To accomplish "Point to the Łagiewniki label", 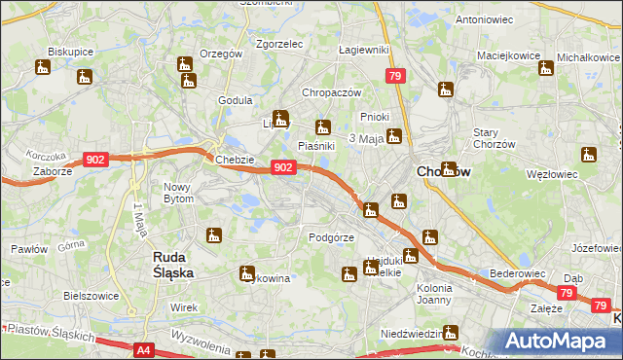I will [364, 49].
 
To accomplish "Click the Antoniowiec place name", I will [485, 19].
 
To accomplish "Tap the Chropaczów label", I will [332, 92].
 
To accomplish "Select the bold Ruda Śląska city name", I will [173, 265].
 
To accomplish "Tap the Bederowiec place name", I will [517, 274].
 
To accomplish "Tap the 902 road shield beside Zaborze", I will [95, 160].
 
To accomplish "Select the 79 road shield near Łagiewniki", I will [395, 76].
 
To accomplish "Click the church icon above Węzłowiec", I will [588, 155].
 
